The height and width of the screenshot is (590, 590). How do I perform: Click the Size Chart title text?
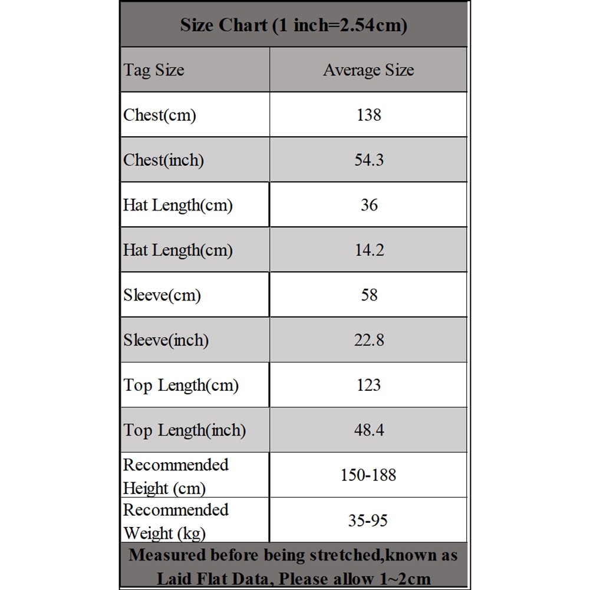(x=294, y=25)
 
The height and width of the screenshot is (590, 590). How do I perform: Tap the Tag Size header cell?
(x=153, y=70)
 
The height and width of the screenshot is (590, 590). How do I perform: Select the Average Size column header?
(x=368, y=70)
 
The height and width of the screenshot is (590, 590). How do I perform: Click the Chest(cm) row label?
(x=159, y=115)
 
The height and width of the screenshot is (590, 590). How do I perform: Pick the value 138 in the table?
(x=369, y=115)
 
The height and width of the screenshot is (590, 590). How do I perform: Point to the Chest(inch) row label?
(x=163, y=160)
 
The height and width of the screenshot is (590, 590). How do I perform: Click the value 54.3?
(x=369, y=160)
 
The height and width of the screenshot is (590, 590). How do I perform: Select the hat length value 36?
(x=369, y=205)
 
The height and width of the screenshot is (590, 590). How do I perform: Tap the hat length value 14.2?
(x=369, y=250)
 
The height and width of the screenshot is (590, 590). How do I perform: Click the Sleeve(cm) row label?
(x=161, y=295)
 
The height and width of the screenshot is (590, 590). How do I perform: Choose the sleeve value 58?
(x=369, y=295)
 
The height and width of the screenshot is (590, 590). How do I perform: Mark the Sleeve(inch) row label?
(x=166, y=340)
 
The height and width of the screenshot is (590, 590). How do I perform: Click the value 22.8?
(x=369, y=340)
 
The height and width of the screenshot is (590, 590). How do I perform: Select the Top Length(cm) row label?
(x=181, y=385)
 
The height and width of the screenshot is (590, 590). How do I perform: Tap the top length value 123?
(x=369, y=385)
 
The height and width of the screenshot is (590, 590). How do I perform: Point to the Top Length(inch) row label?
(x=184, y=430)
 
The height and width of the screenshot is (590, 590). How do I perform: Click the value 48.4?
(x=369, y=430)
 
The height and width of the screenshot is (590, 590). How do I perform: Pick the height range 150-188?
(x=368, y=475)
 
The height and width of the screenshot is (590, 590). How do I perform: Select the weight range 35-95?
(x=368, y=520)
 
